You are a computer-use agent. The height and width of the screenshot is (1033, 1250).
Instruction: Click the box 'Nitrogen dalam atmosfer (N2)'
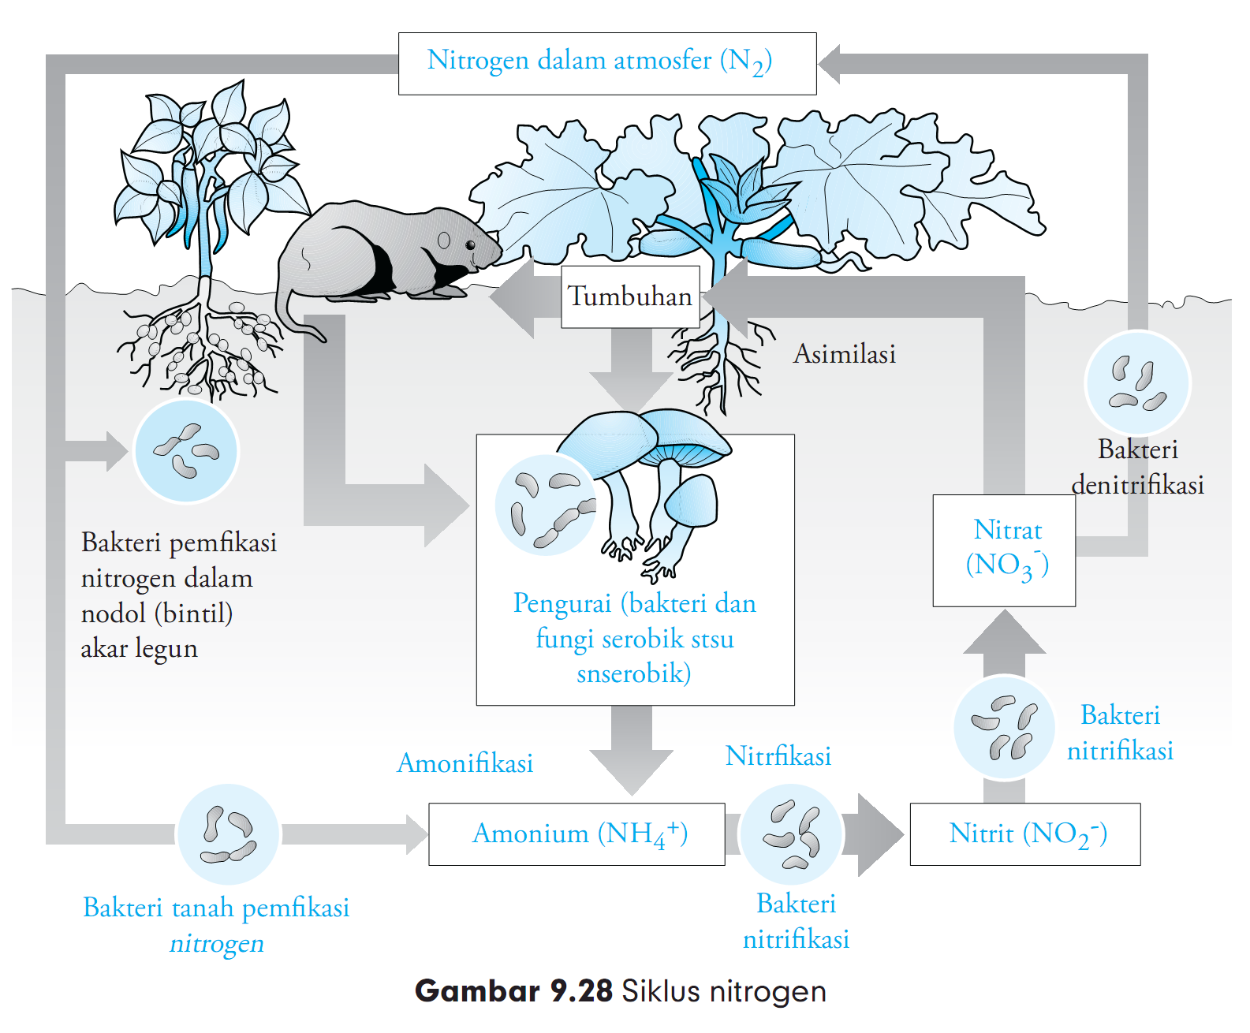pyautogui.click(x=607, y=63)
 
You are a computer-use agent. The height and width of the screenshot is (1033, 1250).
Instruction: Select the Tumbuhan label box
pyautogui.click(x=630, y=296)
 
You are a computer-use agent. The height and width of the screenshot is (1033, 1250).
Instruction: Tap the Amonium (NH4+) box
pyautogui.click(x=576, y=834)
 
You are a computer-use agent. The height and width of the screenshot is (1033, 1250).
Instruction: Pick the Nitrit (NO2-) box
pyautogui.click(x=1024, y=834)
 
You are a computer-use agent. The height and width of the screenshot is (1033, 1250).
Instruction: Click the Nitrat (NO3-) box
pyautogui.click(x=1004, y=550)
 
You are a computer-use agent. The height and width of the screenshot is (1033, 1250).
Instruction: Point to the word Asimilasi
pyautogui.click(x=844, y=354)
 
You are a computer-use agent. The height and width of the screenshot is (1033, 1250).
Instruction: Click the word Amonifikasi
pyautogui.click(x=465, y=763)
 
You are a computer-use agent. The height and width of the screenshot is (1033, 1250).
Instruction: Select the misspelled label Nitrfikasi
pyautogui.click(x=778, y=756)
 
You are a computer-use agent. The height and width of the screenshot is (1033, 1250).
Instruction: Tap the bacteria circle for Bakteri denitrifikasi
pyautogui.click(x=1137, y=382)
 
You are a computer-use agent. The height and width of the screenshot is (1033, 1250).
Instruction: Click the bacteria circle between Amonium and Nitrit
pyautogui.click(x=792, y=834)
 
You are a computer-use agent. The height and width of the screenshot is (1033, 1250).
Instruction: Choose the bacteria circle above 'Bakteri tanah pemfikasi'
pyautogui.click(x=229, y=834)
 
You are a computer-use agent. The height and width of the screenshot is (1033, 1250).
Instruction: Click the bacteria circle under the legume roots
pyautogui.click(x=186, y=451)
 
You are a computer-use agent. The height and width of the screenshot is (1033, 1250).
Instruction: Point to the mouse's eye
pyautogui.click(x=471, y=244)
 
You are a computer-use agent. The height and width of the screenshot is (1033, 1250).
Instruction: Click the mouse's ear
pyautogui.click(x=444, y=241)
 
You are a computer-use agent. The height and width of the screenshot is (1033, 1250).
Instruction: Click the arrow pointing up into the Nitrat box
pyautogui.click(x=1004, y=635)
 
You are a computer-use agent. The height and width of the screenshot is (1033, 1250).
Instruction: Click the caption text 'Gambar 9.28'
pyautogui.click(x=513, y=991)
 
